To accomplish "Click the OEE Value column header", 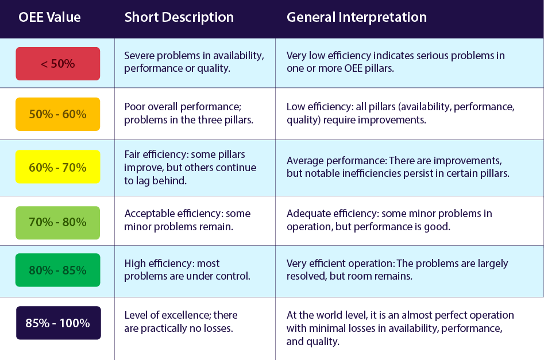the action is [x=49, y=17].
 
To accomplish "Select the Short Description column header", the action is [x=179, y=17].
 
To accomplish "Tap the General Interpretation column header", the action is [x=357, y=17].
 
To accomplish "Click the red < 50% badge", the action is [x=58, y=64].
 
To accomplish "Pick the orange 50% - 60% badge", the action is [x=58, y=114].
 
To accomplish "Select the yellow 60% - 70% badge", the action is [x=58, y=167].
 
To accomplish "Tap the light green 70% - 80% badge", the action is [x=58, y=223].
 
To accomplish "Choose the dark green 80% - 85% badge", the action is [x=58, y=270].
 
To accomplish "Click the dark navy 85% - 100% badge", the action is [x=59, y=323].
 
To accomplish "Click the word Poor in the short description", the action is [x=134, y=106].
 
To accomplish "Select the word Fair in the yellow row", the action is [x=132, y=154].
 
